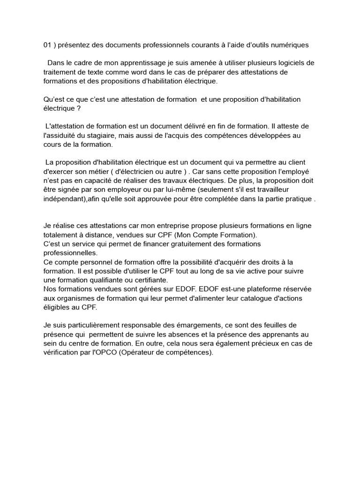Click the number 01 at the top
click(x=47, y=45)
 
